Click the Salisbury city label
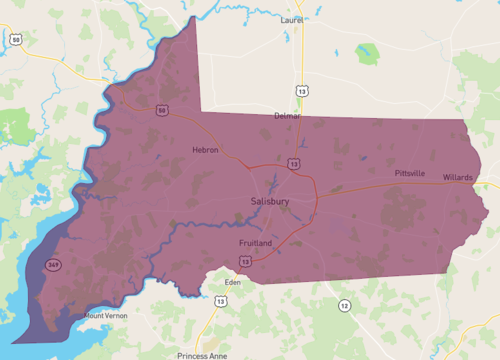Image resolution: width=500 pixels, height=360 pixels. click(x=270, y=201)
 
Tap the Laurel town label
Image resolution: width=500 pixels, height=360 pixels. click(x=291, y=18)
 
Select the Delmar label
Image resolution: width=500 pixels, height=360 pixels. click(x=287, y=116)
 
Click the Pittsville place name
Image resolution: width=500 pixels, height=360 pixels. click(x=410, y=173)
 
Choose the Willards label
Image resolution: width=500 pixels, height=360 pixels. click(x=458, y=177)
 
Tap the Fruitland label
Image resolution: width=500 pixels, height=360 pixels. click(x=257, y=243)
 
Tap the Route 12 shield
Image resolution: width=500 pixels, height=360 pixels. click(x=344, y=304)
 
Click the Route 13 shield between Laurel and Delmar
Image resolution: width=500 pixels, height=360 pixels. click(x=302, y=90)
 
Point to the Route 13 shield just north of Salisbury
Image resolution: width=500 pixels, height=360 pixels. click(x=293, y=163)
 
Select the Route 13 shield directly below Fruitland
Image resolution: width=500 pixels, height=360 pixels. click(x=245, y=261)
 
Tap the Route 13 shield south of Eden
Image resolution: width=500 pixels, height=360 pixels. click(x=214, y=301)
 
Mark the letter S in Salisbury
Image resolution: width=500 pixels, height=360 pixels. click(x=253, y=201)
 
